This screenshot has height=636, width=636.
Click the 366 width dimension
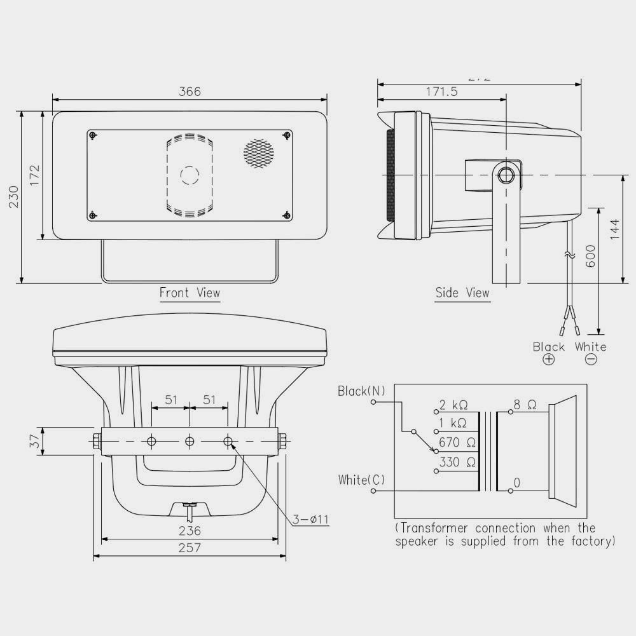pos(190,91)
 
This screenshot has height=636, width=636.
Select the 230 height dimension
pos(13,196)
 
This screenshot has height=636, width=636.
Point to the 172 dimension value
pos(34,175)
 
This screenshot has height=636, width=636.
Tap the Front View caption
pos(190,293)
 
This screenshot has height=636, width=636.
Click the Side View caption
pos(462,293)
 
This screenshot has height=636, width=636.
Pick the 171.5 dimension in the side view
pos(441,91)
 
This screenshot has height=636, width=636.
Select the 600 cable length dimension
pos(590,256)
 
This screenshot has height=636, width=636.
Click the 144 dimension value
pos(614,229)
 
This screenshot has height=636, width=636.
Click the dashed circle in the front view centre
pos(190,175)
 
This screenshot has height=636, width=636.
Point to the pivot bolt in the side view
pos(506,174)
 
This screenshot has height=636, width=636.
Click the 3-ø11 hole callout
pos(311,520)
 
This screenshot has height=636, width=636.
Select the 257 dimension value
pos(190,548)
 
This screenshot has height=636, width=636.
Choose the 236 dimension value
pos(190,531)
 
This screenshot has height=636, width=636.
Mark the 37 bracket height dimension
pos(34,440)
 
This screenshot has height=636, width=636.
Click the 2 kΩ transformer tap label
pos(453,405)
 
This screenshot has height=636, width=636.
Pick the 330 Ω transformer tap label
pos(457,463)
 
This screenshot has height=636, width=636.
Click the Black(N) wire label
pos(361,391)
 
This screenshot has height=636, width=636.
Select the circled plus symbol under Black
pos(548,360)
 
